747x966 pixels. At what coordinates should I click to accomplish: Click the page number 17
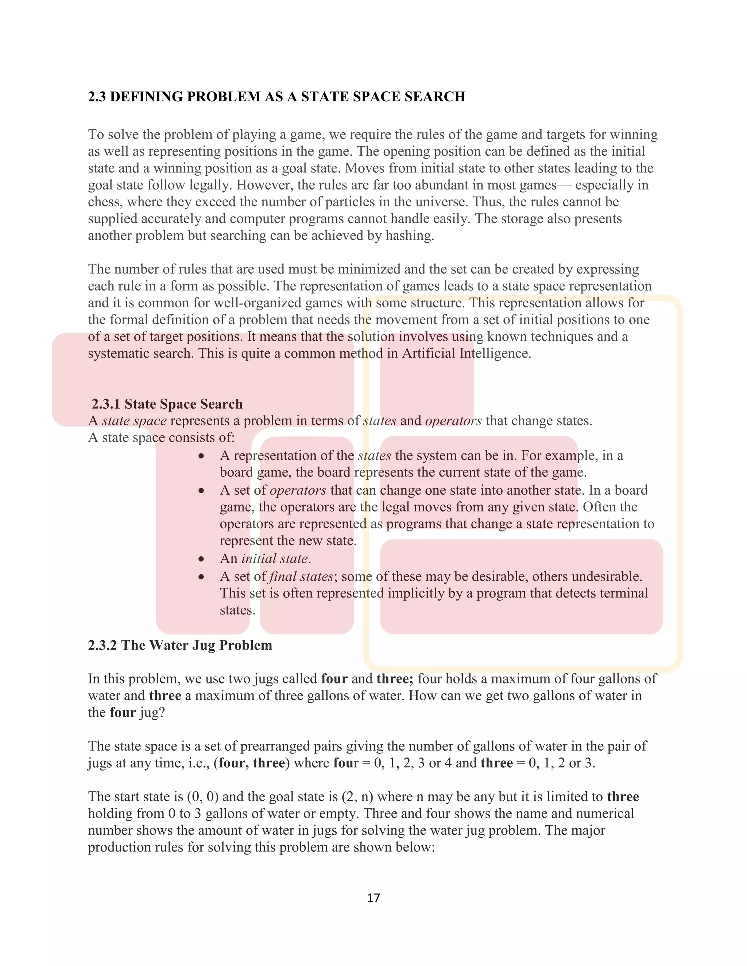373,897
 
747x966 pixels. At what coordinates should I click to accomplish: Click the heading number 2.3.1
106,404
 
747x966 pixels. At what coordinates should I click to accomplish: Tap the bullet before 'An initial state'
201,559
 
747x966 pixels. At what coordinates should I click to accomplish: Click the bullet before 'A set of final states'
201,577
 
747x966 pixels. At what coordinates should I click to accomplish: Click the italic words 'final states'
301,576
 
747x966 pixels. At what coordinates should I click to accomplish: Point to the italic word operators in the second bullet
298,490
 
